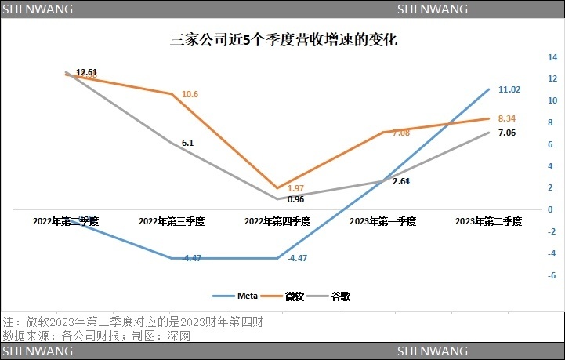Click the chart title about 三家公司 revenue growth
click(x=283, y=39)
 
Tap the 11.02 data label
click(x=509, y=89)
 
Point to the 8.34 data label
click(x=507, y=118)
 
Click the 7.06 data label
click(x=507, y=133)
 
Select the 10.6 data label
click(x=190, y=95)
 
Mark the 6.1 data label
click(x=187, y=144)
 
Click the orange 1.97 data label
click(x=295, y=189)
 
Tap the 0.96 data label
click(x=295, y=199)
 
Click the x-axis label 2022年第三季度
click(x=171, y=222)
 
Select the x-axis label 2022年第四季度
click(x=277, y=222)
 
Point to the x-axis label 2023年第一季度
click(x=382, y=222)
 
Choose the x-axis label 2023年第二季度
click(x=488, y=222)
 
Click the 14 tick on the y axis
click(x=552, y=57)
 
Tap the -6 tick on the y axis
click(x=552, y=275)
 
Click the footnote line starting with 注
click(x=132, y=322)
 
